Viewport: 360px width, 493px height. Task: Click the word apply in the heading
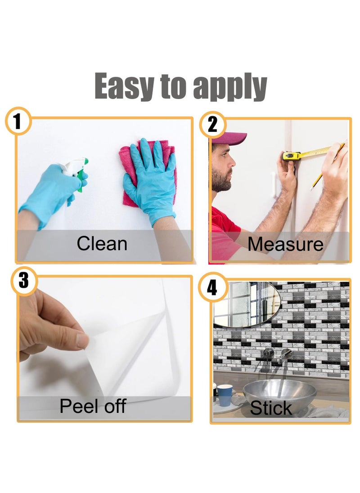point(230,88)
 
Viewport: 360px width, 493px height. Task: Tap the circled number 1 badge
point(18,121)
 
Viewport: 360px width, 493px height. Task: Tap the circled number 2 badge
point(213,125)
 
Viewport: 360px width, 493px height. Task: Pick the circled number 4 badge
point(212,287)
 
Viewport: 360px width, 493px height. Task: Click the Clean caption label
point(102,244)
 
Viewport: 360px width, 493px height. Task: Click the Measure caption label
point(285,244)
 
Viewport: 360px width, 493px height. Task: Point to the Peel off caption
point(93,406)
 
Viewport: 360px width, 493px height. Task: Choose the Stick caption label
point(271,408)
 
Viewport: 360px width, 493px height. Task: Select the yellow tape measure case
point(291,156)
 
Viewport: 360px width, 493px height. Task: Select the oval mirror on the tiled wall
point(245,303)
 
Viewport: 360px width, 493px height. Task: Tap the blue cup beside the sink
point(225,394)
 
